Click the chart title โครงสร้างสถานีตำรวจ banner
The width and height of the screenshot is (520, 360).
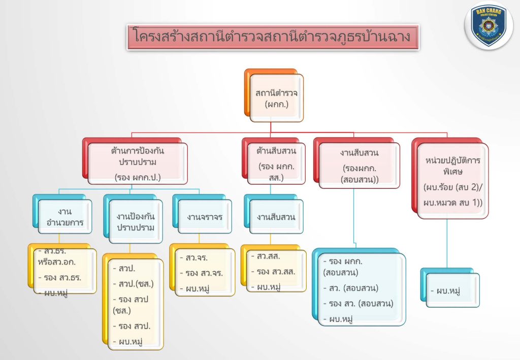click(x=273, y=37)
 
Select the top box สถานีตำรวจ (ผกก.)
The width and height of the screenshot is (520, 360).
click(x=274, y=95)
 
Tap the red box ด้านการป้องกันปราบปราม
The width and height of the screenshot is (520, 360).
click(x=135, y=161)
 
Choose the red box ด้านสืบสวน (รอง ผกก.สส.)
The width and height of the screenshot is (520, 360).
click(x=274, y=161)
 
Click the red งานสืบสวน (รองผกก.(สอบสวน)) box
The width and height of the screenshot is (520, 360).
click(x=357, y=163)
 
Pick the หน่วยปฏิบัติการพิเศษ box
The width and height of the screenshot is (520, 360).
click(x=450, y=178)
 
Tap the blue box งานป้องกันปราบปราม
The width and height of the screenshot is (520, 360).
click(x=133, y=219)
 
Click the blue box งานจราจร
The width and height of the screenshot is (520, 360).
click(x=202, y=214)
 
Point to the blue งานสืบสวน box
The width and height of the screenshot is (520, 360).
click(x=274, y=214)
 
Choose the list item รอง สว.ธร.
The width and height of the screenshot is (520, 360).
click(x=60, y=277)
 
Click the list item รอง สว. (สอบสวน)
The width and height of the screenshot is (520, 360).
click(x=358, y=304)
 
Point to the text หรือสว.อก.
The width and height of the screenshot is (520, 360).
click(x=57, y=262)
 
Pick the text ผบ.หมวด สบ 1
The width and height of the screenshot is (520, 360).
click(x=451, y=202)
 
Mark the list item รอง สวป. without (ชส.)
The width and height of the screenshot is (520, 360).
click(x=132, y=326)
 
